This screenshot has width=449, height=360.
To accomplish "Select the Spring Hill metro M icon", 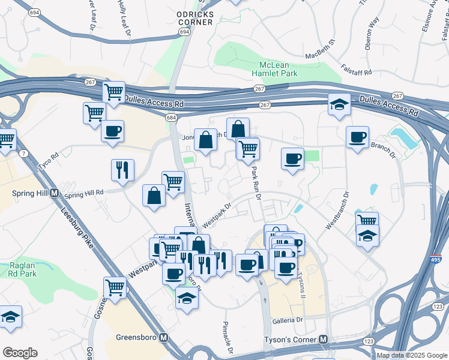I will (x=54, y=193).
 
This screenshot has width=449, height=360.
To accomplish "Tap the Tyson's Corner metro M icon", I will (x=324, y=340).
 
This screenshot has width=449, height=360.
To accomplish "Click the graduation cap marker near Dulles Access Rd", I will (x=339, y=104).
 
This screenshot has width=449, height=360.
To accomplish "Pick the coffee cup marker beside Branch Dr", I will (x=357, y=137).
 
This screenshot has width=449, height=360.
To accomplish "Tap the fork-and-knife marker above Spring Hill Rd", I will (x=122, y=169).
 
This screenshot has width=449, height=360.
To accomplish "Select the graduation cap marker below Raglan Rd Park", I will (x=11, y=316).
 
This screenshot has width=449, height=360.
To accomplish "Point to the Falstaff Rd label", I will (x=357, y=70).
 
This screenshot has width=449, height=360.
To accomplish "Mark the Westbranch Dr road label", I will (x=336, y=211).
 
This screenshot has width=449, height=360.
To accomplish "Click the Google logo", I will (x=20, y=353).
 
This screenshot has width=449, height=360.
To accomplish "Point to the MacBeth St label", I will (x=319, y=48).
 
